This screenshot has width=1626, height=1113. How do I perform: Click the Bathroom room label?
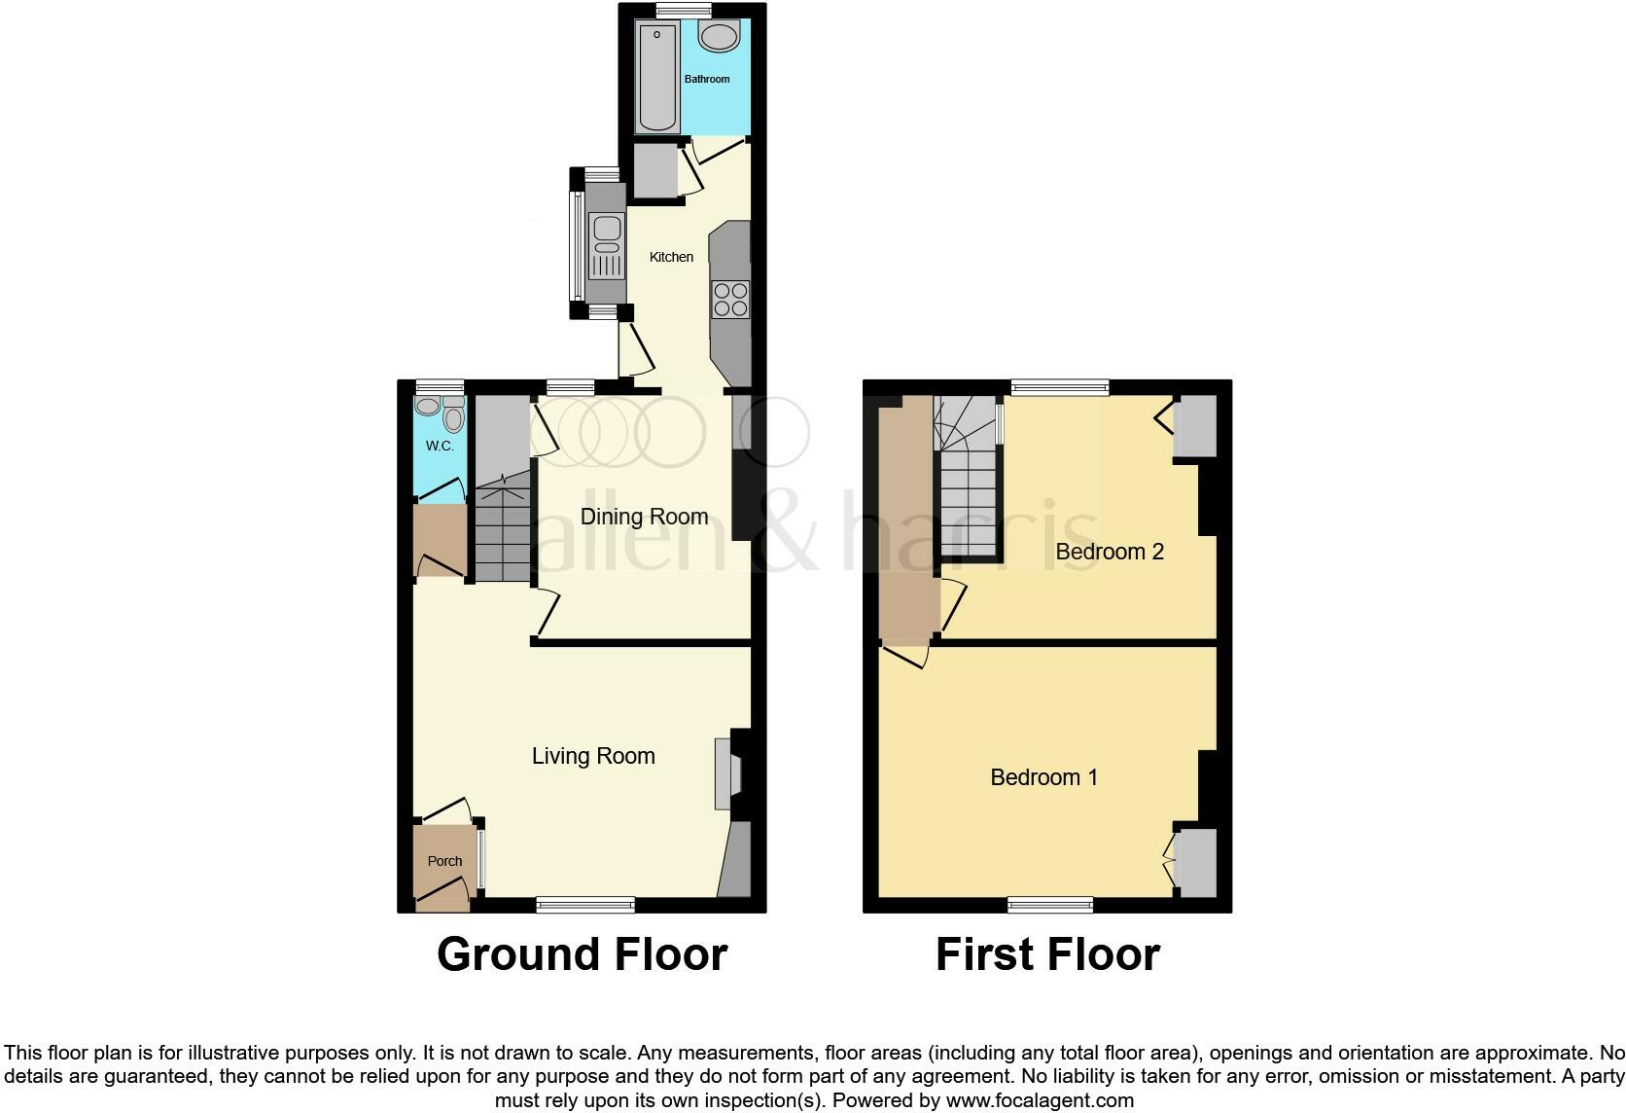[706, 79]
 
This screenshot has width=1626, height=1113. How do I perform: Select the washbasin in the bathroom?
[720, 38]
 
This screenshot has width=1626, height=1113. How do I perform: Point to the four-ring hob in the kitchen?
[730, 299]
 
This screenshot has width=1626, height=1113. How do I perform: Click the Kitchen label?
[671, 257]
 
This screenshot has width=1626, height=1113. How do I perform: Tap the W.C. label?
[440, 446]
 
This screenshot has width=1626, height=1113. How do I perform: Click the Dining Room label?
[644, 517]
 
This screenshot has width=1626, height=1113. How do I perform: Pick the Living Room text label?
[593, 756]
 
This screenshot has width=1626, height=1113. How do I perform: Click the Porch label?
[445, 861]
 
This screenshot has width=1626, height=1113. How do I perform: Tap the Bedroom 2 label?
[1110, 552]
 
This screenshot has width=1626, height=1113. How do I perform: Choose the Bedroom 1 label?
[1043, 777]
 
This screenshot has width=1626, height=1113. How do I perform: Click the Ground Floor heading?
[582, 954]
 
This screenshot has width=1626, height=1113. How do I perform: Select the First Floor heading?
[1047, 954]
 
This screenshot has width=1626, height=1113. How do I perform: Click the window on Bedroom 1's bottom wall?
[1050, 905]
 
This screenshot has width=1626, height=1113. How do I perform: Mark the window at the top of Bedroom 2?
[1060, 387]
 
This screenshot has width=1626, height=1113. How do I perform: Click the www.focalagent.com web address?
[1040, 1101]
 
